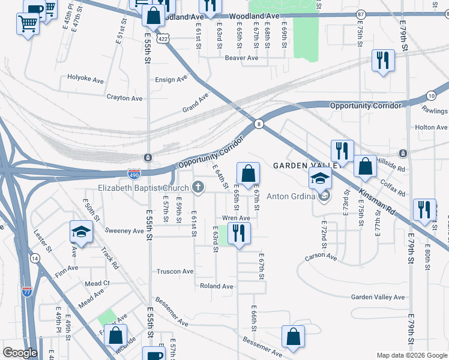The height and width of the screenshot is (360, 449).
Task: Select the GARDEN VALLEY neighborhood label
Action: click(x=303, y=166)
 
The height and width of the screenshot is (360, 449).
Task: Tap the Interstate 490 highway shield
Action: click(x=134, y=173)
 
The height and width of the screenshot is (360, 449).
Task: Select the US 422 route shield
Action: click(x=162, y=38)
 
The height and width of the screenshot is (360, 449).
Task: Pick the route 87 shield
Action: click(x=360, y=14)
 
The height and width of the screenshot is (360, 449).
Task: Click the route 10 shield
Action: click(x=431, y=95)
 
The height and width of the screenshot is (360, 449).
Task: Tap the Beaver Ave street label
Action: click(x=241, y=58)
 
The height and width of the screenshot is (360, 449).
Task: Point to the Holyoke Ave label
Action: click(x=86, y=78)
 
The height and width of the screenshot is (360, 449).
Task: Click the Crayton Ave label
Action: click(x=124, y=98)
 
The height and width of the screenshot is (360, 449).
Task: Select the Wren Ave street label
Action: click(x=236, y=218)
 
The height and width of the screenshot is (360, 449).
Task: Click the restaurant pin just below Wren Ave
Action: click(x=239, y=232)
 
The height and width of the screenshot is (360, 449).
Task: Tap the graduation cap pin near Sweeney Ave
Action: click(x=80, y=231)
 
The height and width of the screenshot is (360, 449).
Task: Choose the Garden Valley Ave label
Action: click(x=378, y=297)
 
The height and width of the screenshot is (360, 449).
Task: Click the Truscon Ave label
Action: click(x=175, y=271)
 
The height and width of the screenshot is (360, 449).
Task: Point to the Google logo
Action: click(x=20, y=353)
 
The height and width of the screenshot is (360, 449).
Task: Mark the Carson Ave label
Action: click(x=321, y=256)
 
